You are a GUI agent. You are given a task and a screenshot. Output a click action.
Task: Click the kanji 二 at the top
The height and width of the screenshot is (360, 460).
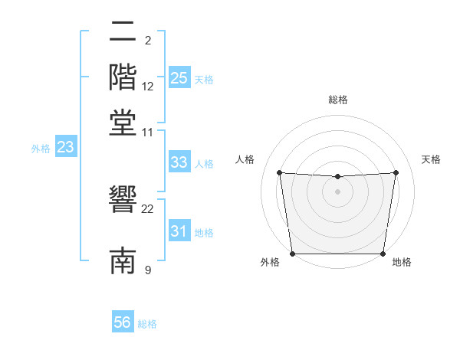point(123,33)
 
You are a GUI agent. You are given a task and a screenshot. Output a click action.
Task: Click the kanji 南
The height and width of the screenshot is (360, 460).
point(123,260)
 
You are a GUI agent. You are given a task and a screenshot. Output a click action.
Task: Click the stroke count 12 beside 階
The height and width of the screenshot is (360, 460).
point(148,87)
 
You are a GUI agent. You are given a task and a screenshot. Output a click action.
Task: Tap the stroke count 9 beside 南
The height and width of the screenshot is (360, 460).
point(148,269)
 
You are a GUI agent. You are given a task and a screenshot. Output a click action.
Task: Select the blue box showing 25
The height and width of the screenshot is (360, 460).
point(179,78)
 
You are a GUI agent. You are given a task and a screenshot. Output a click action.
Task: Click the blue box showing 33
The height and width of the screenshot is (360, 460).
point(179,162)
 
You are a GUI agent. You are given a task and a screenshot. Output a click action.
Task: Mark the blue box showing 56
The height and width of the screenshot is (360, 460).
point(123,322)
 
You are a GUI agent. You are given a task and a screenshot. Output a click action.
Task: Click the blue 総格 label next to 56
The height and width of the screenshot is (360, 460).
point(147,324)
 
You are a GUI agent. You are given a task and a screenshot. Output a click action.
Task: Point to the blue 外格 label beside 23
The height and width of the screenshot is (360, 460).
point(41,149)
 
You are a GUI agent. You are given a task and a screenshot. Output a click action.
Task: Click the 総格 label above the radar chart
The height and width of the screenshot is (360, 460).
point(338,100)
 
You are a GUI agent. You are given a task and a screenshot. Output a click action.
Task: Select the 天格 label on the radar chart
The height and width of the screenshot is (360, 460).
point(431,159)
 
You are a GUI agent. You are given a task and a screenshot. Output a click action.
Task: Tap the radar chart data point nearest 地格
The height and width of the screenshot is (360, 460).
point(383,254)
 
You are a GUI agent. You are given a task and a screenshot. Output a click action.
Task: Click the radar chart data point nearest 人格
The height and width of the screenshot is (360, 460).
point(279,172)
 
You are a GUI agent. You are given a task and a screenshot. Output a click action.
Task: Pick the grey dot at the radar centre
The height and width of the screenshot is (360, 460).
point(338,191)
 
